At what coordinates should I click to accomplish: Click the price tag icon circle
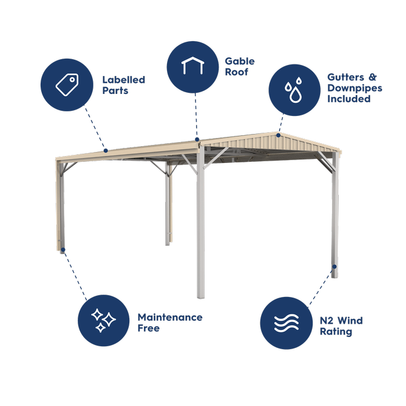[x=67, y=85]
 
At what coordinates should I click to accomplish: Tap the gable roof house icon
[x=193, y=65]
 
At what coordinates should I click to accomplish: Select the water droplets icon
[x=293, y=89]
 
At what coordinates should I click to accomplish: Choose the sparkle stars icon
[x=103, y=320]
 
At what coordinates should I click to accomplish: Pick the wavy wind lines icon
[x=287, y=323]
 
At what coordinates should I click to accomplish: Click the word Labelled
[x=124, y=80]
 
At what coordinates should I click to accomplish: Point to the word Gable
[x=240, y=61]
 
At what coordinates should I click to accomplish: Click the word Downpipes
[x=355, y=88]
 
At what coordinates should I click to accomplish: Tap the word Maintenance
[x=170, y=317]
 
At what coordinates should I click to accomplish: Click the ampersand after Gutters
[x=372, y=77]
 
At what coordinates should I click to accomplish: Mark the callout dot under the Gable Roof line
[x=197, y=139]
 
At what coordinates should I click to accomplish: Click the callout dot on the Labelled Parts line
[x=106, y=150]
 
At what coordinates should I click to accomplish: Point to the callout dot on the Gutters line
[x=278, y=135]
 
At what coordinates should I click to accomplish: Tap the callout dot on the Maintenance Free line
[x=63, y=249]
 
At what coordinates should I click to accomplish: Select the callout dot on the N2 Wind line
[x=335, y=266]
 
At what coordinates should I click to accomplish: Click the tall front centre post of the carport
[x=201, y=223]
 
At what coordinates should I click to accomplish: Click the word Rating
[x=336, y=332]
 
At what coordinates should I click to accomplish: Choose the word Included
[x=349, y=99]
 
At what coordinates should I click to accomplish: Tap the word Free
[x=148, y=328]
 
